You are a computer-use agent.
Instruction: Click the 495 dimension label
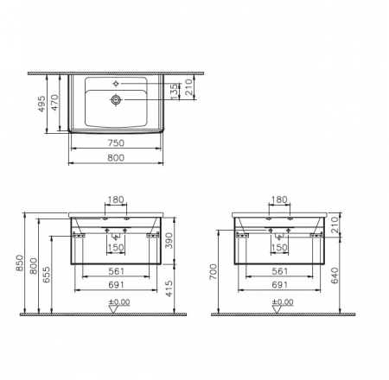pos(41,104)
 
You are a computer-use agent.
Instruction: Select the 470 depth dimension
pos(54,103)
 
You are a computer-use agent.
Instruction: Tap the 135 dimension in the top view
pos(174,92)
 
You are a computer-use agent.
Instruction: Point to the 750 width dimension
pos(116,142)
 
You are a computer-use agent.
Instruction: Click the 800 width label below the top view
pos(116,158)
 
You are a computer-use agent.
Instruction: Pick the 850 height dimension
pos(20,263)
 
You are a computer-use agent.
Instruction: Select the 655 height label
pos(47,275)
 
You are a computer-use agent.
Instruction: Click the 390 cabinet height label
pos(169,240)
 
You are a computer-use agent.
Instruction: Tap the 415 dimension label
pos(169,288)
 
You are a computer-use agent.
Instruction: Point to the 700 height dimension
pos(214,271)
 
